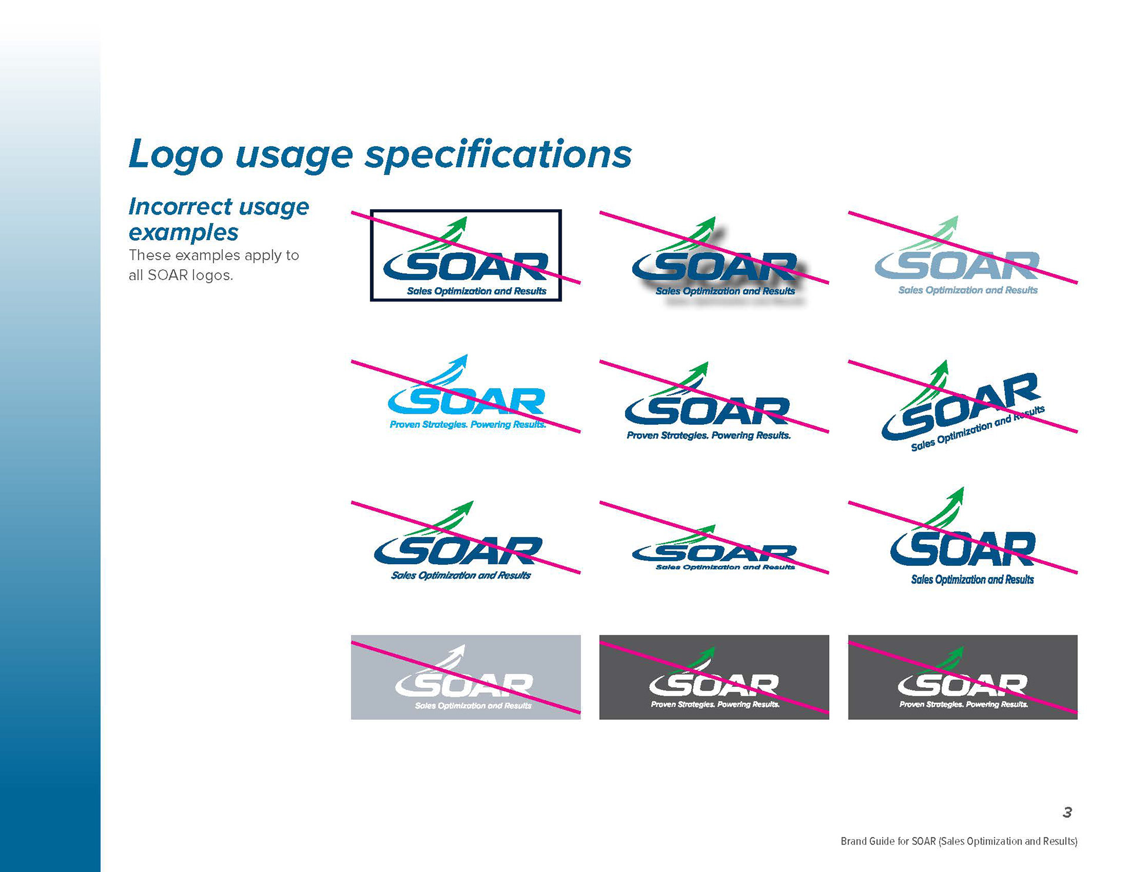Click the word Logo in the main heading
[x=176, y=155]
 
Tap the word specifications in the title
[x=498, y=155]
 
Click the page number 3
[x=1067, y=812]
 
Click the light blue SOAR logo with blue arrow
[x=466, y=391]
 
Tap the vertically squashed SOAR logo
[x=714, y=547]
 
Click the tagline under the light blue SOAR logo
[x=467, y=424]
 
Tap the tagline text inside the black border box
[x=477, y=291]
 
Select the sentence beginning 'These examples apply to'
[x=214, y=265]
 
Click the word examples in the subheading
[x=183, y=232]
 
